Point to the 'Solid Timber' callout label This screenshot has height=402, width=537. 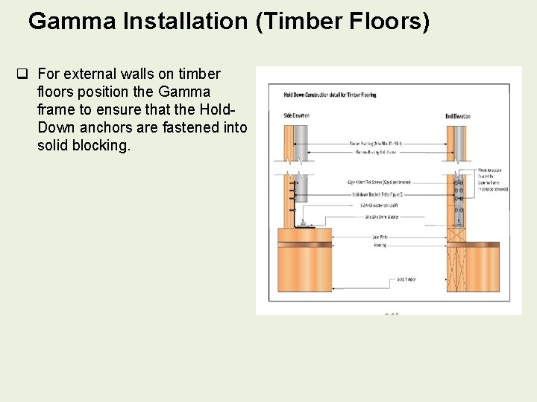[x=406, y=280]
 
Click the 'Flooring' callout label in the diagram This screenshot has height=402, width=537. [x=380, y=244]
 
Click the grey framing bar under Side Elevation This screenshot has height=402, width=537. [x=301, y=141]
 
